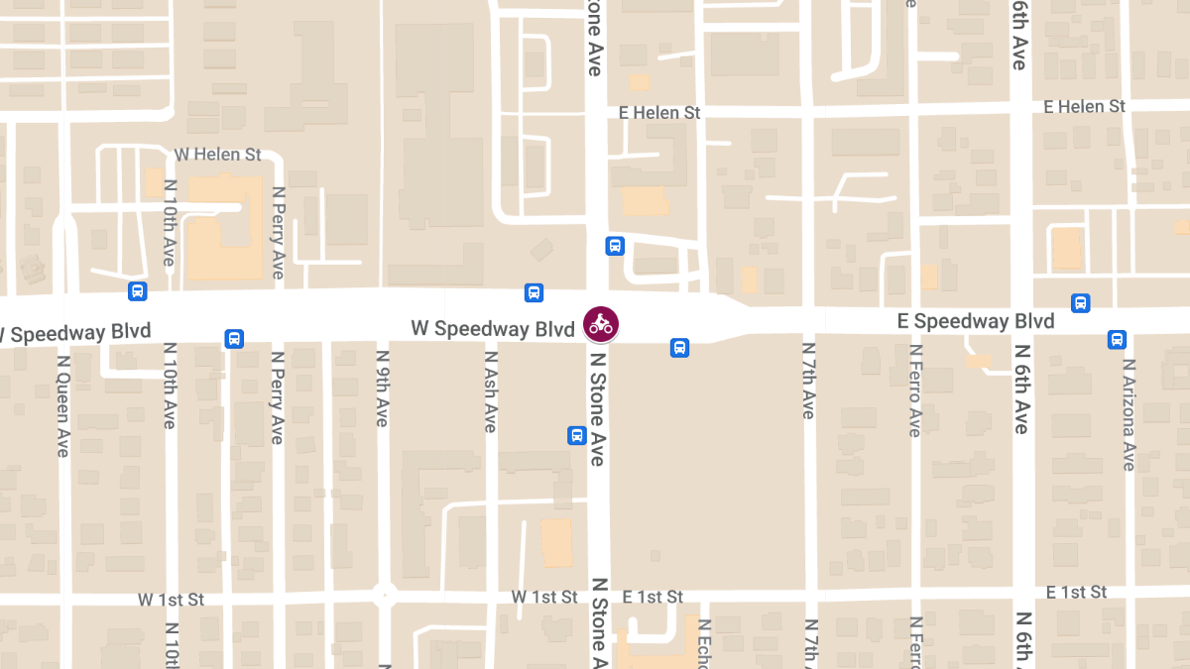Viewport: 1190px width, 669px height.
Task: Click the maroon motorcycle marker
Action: point(600,323)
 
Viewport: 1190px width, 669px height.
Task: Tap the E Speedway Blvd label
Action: point(976,321)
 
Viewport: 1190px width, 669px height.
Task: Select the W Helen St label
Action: point(217,155)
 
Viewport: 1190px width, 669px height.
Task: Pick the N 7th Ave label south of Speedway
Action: point(808,381)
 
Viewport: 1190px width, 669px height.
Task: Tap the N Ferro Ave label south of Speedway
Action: point(915,390)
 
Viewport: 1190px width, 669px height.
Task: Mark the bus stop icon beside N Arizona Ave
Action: point(1117,339)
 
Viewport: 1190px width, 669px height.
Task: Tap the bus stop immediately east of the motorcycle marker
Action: point(679,347)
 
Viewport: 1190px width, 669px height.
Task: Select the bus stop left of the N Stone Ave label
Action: point(576,435)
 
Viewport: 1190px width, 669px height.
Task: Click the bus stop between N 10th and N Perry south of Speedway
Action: point(234,338)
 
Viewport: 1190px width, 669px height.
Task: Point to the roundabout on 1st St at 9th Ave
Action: point(384,597)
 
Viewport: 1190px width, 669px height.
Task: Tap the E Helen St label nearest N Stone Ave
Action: point(659,113)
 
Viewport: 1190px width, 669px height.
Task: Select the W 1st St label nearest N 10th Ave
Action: point(171,600)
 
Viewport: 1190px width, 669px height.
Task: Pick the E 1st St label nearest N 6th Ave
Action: point(1076,592)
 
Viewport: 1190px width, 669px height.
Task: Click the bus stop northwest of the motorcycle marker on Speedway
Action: point(534,292)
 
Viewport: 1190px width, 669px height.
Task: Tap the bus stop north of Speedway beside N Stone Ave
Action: point(615,245)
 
